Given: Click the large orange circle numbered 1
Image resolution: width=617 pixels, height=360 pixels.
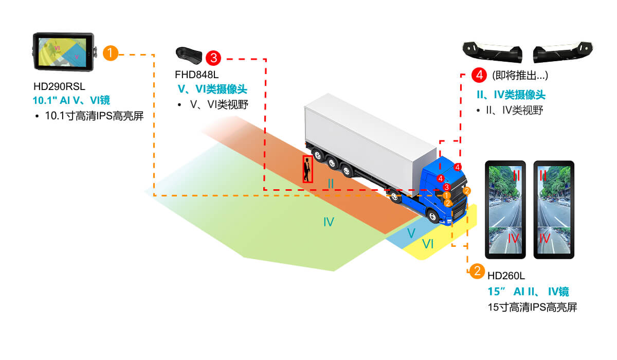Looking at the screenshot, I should click(111, 53).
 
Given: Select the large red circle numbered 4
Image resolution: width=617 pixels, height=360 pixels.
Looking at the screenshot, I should click(479, 75).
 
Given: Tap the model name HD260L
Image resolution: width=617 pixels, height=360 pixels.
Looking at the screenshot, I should click(506, 277).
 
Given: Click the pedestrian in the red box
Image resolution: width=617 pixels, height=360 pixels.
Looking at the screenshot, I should click(307, 169).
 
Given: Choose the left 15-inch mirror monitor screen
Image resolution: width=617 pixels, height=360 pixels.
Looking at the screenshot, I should click(506, 210).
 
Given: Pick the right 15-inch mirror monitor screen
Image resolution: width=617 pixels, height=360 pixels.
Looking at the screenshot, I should click(553, 210).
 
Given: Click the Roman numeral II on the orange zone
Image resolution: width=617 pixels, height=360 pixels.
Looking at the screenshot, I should click(331, 183).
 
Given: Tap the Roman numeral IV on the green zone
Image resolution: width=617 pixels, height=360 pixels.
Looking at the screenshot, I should click(329, 222).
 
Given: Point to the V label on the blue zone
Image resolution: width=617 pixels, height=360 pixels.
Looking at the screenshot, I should click(411, 233).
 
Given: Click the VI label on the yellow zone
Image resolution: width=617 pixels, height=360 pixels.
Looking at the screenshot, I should click(428, 245).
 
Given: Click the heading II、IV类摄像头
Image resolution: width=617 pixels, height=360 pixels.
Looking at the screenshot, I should click(511, 95).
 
